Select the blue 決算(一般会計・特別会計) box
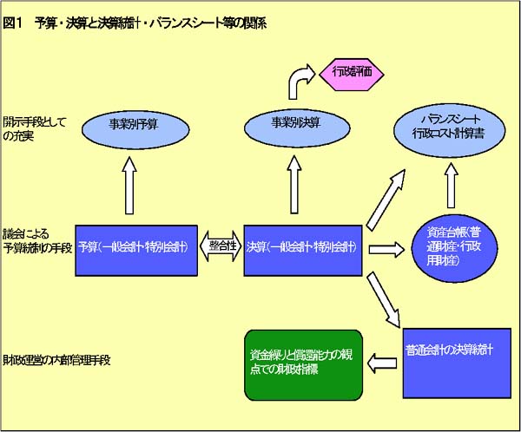[300, 246]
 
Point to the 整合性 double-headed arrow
[221, 246]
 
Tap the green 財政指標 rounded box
[301, 363]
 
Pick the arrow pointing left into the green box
[382, 358]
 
